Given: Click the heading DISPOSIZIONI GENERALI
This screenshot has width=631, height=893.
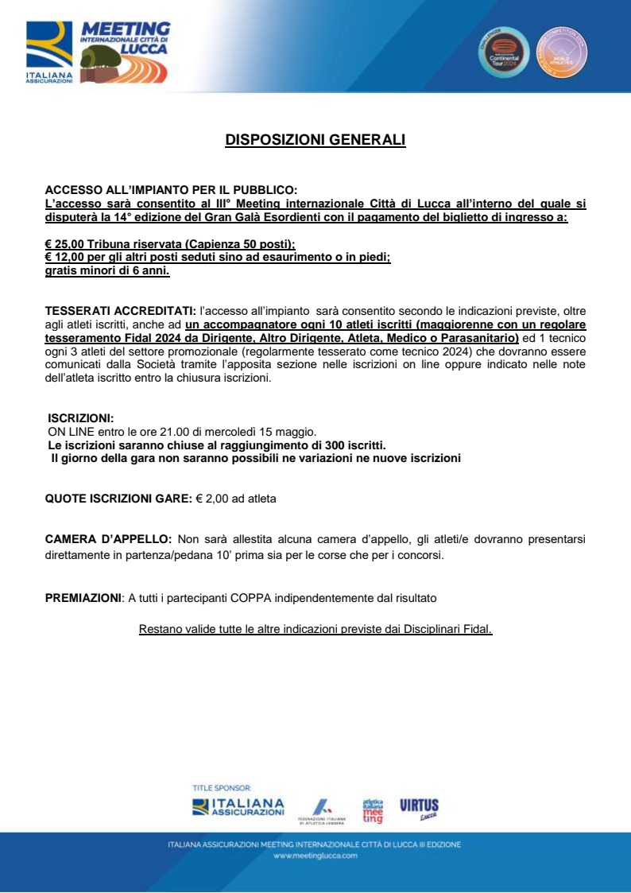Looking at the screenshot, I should pos(315,140).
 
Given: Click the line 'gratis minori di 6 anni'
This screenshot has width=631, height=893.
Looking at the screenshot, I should pos(107,271).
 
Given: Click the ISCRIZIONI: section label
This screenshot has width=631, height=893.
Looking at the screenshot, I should pos(80,418).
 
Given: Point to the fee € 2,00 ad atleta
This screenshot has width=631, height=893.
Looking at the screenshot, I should pos(236,499).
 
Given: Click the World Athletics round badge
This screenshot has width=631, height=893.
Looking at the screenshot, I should pos(562,52).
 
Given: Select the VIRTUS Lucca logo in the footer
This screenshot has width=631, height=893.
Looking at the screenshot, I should pos(419,808).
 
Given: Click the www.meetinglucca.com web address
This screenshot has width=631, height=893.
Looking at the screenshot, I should pos(315,856).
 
